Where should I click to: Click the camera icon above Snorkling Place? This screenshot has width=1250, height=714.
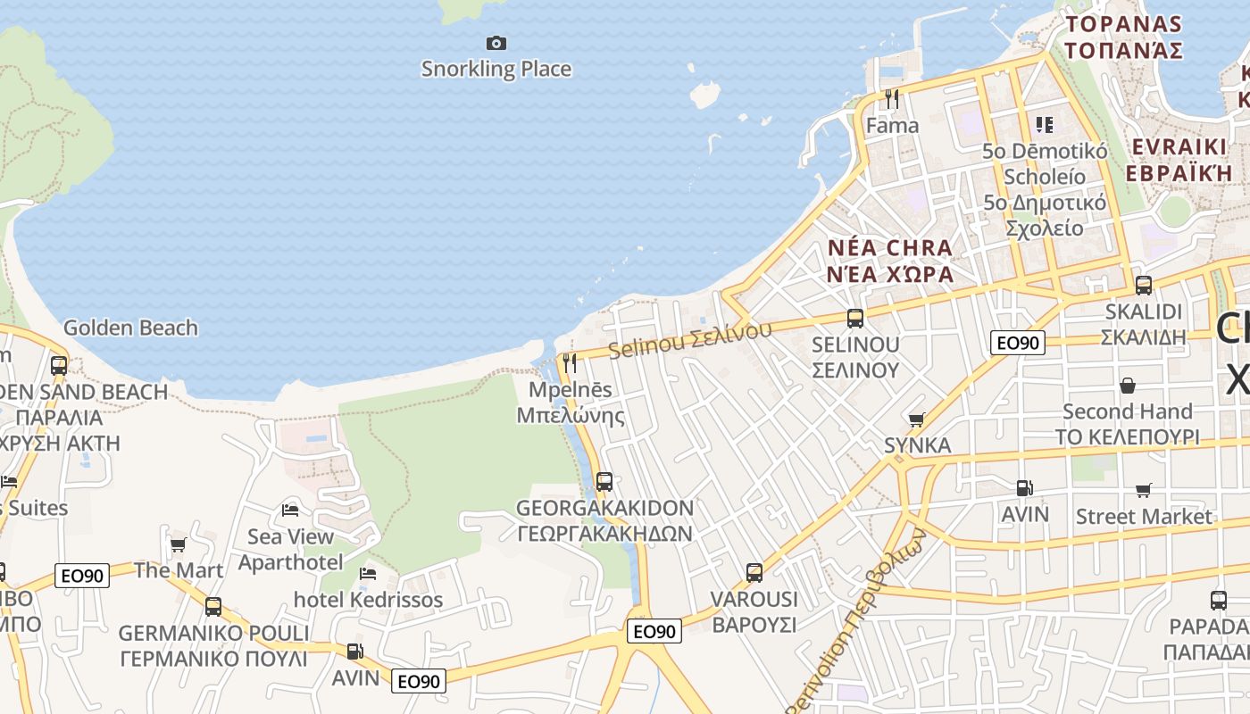[x=496, y=43]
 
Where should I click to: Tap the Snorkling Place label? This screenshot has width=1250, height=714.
[x=496, y=69]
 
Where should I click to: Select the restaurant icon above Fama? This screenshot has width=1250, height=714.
[x=891, y=98]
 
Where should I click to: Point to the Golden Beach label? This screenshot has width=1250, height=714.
[x=130, y=328]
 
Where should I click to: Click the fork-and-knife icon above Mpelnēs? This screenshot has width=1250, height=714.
[x=570, y=363]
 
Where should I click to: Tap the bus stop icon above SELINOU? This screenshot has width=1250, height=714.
[x=854, y=318]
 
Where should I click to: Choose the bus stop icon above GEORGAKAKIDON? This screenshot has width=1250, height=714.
[x=604, y=482]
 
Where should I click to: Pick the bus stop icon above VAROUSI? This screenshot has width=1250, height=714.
[x=754, y=573]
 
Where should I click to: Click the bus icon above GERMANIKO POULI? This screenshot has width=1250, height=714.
[x=213, y=607]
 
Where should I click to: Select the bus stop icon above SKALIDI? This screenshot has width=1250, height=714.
[x=1143, y=286]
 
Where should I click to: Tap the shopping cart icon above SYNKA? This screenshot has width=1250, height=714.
[x=916, y=419]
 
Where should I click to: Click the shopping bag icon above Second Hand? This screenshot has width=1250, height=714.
[x=1128, y=386]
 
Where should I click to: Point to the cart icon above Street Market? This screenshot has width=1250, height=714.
[x=1143, y=490]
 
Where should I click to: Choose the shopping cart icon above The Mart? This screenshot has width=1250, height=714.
[x=178, y=544]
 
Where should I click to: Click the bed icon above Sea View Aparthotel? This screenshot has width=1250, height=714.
[x=290, y=511]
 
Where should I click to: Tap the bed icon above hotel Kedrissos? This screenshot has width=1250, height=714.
[x=367, y=573]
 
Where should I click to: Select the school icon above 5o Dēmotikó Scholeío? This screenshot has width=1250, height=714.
[x=1044, y=124]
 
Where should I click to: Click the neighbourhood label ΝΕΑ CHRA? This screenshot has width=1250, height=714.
[x=889, y=247]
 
